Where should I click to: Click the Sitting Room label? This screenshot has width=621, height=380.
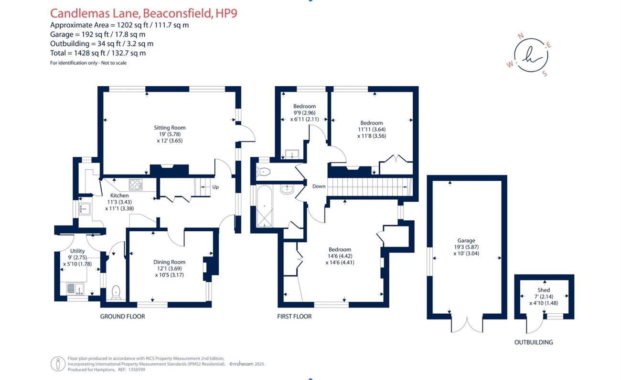pyautogui.click(x=170, y=128)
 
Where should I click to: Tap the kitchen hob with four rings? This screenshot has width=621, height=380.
pyautogui.click(x=136, y=185)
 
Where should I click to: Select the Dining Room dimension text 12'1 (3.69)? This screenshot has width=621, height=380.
pyautogui.click(x=170, y=268)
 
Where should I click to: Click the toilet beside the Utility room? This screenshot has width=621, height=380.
pyautogui.click(x=116, y=292)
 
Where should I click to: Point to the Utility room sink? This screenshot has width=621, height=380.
pyautogui.click(x=75, y=288)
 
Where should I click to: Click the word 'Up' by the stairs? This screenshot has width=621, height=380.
pyautogui.click(x=215, y=187)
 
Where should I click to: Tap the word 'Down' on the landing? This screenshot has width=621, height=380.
pyautogui.click(x=319, y=186)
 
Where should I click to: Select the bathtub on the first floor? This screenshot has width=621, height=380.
pyautogui.click(x=265, y=206)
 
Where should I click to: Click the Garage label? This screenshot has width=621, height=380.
pyautogui.click(x=466, y=240)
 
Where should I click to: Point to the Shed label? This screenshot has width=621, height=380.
pyautogui.click(x=544, y=290)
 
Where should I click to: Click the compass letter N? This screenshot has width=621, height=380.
pyautogui.click(x=521, y=36)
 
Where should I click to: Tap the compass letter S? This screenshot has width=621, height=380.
pyautogui.click(x=545, y=73)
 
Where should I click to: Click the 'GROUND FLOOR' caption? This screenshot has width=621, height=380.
pyautogui.click(x=123, y=316)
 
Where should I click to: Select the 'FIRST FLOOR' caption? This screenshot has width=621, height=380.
pyautogui.click(x=294, y=316)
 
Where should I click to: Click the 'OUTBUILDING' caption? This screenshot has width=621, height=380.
pyautogui.click(x=534, y=342)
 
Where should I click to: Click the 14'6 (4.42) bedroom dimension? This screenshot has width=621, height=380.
pyautogui.click(x=340, y=256)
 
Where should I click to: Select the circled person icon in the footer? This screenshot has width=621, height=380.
pyautogui.click(x=58, y=364)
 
